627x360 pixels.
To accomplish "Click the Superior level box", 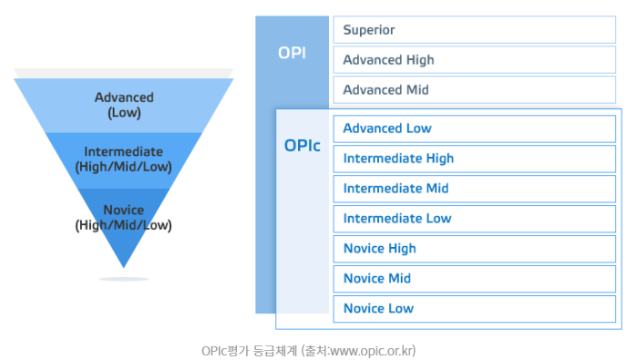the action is coord(474,29).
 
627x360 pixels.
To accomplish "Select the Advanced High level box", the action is coord(474,59).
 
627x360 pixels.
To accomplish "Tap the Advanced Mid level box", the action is coord(474,89).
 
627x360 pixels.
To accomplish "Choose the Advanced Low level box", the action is coord(474,129).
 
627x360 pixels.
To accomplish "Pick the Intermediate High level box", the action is coord(474,159).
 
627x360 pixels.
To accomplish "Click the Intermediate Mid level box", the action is coord(474,189).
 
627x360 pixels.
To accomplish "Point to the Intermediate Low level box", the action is coord(474,219).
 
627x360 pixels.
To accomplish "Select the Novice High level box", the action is coord(474,249).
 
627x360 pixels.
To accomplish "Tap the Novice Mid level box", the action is coord(474,278).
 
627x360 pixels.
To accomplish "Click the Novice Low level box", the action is coord(474,308).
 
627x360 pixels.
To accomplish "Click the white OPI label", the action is coord(292,53).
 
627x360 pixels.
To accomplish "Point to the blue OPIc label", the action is coord(303,146).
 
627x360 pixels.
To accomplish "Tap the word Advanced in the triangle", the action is coord(124,98).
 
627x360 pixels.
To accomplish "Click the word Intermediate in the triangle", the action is coord(124,151).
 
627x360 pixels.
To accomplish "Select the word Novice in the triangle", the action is coord(124,210).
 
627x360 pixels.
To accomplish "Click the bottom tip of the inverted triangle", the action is coord(124,268).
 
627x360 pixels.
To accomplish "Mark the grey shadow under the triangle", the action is coord(124,279).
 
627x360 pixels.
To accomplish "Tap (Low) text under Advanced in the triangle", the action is coord(124,113).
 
